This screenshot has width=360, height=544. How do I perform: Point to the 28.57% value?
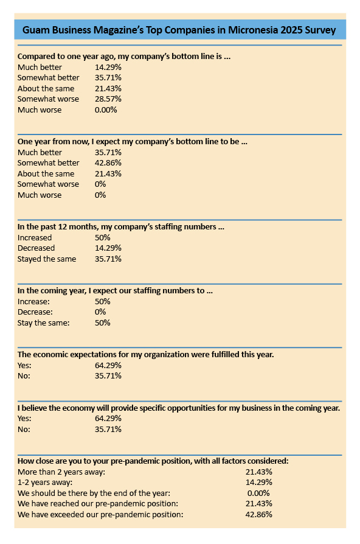coord(108,99)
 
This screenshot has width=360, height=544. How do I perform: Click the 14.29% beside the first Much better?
coord(108,67)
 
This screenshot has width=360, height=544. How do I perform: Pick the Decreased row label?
coord(36,248)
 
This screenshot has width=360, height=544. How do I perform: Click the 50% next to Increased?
coord(103,238)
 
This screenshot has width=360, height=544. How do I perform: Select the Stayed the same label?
coord(47,259)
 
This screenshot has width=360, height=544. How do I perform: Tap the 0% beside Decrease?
coord(100,312)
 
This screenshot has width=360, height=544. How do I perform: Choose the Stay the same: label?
coord(43,323)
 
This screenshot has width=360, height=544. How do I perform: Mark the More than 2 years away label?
coord(61,472)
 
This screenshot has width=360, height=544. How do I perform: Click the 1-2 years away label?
coord(45,483)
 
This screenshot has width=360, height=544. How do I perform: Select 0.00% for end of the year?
coord(258,493)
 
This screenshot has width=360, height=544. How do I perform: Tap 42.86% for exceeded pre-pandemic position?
coord(258,514)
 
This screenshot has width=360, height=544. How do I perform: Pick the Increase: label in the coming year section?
coord(33,301)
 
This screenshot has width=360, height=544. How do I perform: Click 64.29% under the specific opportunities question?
coord(108,419)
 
